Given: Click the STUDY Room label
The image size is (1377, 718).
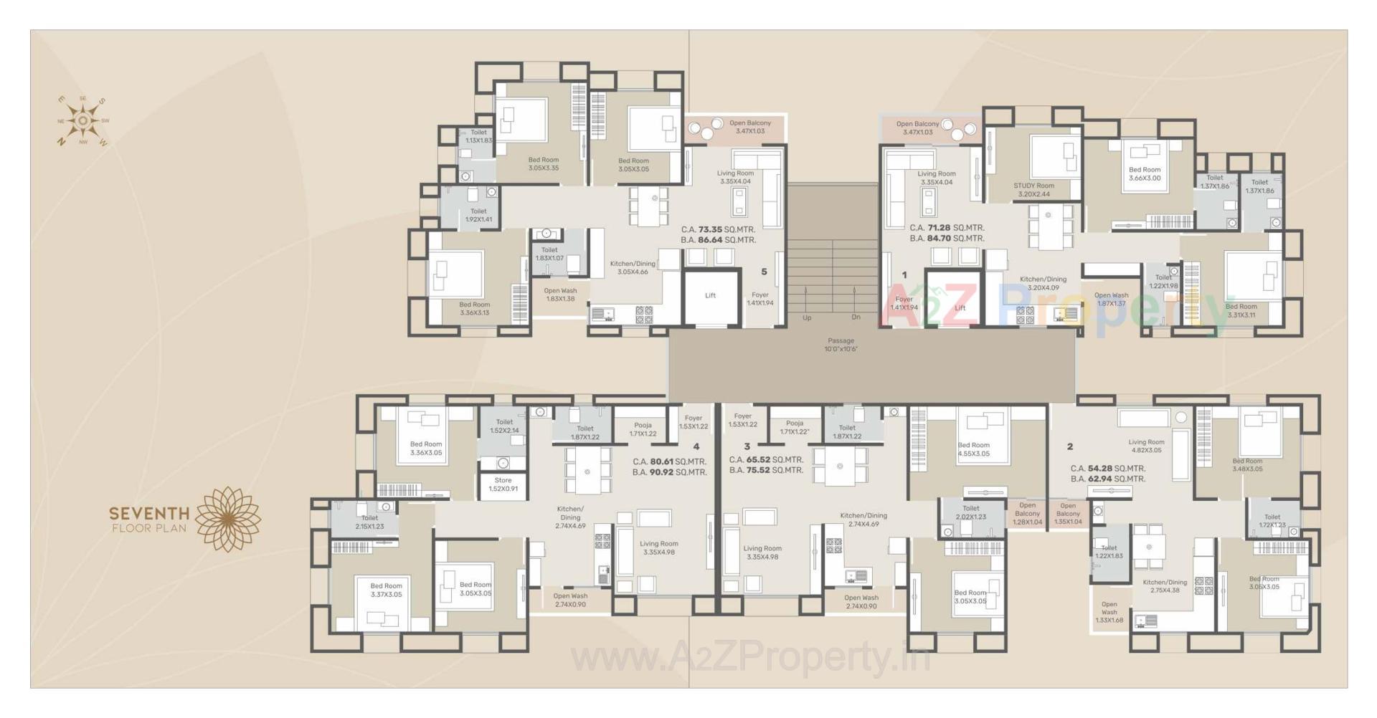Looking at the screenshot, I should [1033, 190].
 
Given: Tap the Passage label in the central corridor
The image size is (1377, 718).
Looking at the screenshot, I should [841, 345].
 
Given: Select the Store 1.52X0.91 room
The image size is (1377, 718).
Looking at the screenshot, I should [503, 485].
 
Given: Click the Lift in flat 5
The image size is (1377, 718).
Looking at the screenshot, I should [710, 295].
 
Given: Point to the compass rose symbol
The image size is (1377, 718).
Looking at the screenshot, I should [83, 120].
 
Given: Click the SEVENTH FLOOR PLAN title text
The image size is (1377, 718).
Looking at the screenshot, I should [149, 520].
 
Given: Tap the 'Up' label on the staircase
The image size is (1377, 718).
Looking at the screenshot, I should [807, 317].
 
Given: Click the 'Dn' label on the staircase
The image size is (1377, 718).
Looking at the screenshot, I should [856, 317].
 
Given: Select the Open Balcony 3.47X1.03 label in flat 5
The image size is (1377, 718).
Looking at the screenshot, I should [749, 127].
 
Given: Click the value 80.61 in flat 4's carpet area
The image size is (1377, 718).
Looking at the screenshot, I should [661, 462].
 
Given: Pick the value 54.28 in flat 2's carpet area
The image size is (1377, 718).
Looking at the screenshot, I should [1099, 469].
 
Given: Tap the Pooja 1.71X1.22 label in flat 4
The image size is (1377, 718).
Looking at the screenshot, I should [643, 429].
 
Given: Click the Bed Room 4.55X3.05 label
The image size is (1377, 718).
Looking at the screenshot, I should [973, 449].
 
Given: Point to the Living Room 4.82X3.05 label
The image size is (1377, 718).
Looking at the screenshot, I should [1145, 446].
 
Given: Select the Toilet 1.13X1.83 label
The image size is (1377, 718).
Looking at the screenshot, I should [478, 136].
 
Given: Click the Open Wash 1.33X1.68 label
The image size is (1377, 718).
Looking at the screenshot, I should [1109, 612].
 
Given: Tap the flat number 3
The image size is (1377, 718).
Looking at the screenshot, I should [747, 446].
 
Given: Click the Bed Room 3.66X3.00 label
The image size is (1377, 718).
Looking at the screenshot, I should [1144, 174].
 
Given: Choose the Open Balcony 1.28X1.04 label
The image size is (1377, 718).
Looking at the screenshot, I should [1027, 514].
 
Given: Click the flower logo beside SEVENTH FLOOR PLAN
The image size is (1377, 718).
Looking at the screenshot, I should [228, 520].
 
